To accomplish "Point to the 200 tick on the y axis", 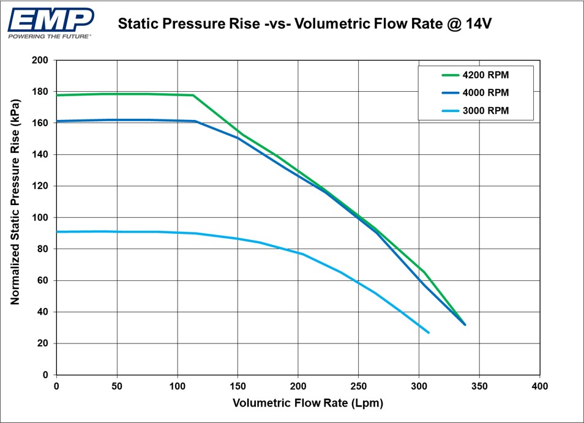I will click(x=40, y=61).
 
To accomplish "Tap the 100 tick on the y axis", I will click(x=40, y=218).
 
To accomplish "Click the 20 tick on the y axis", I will click(x=42, y=344).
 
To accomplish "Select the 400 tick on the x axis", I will click(x=539, y=387).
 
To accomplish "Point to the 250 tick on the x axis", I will click(x=358, y=387).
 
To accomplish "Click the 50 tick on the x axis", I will click(x=117, y=387).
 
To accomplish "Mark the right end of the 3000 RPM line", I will click(x=429, y=332).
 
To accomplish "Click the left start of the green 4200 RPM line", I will click(x=57, y=95).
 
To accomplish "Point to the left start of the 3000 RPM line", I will click(x=57, y=232).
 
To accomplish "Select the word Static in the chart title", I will click(x=138, y=24).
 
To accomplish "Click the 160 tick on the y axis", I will click(x=40, y=124).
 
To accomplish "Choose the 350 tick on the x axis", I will click(x=479, y=387).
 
